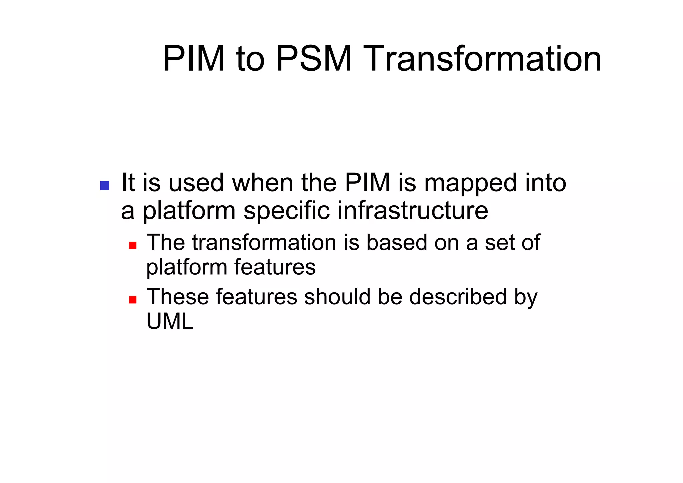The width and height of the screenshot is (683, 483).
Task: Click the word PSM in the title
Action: [x=314, y=59]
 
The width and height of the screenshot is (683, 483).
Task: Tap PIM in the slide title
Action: [x=194, y=59]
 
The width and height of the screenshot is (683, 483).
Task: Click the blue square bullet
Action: [x=105, y=186]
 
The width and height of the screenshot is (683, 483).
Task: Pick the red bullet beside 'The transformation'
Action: [x=133, y=245]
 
